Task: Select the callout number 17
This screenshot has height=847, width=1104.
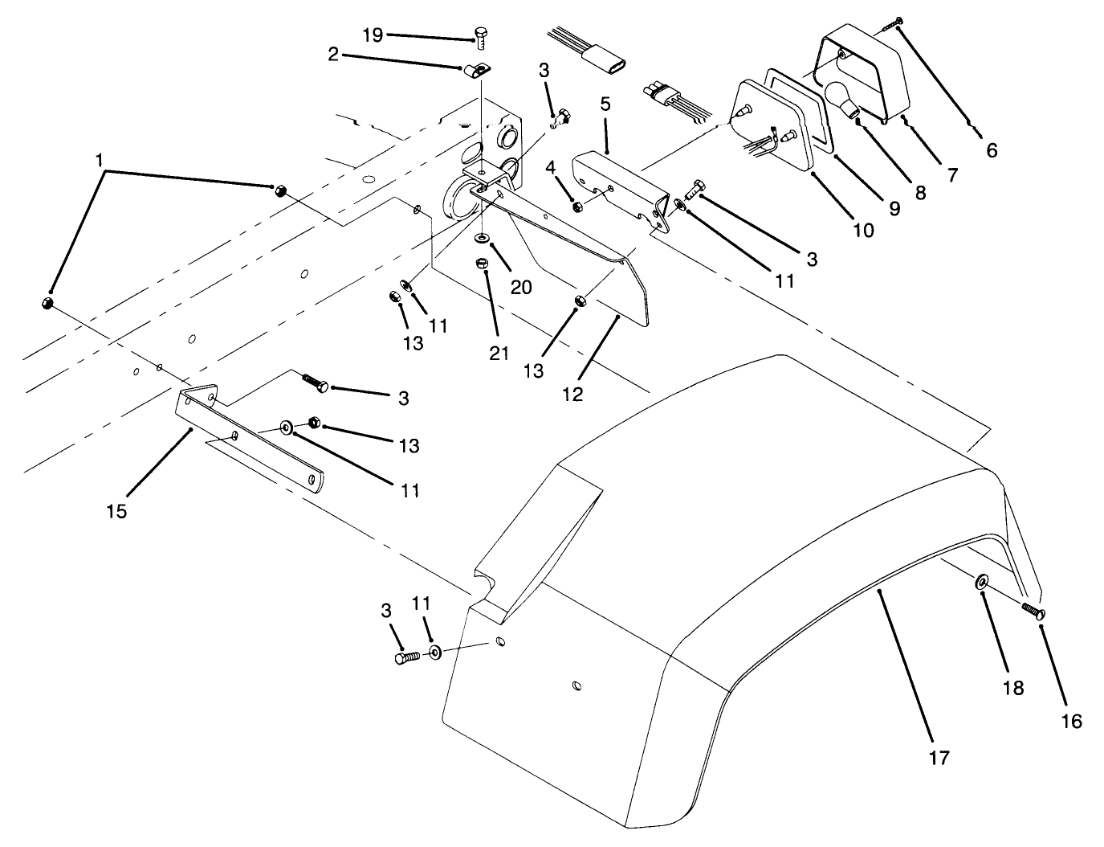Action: [x=939, y=756]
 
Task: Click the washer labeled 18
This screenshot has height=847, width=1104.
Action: [x=982, y=582]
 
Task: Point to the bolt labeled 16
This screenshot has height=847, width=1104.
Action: [x=1033, y=612]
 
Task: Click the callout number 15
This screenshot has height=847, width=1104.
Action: [x=117, y=510]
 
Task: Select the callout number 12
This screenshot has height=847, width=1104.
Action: [x=572, y=394]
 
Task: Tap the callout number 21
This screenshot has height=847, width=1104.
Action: [x=499, y=352]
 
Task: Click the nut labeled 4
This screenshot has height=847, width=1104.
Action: [x=576, y=207]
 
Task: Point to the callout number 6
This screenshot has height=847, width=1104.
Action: [x=992, y=149]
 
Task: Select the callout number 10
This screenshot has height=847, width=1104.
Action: [x=862, y=230]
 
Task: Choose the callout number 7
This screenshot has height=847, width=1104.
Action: [x=952, y=174]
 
